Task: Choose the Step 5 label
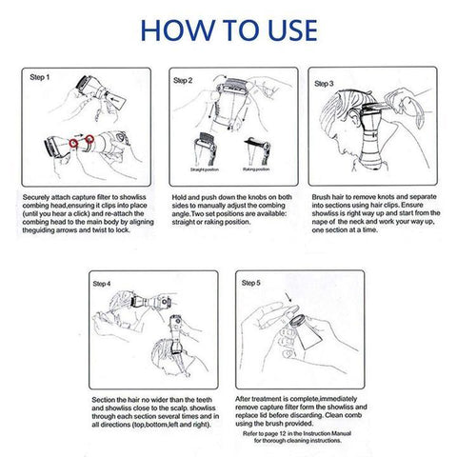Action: click(251, 283)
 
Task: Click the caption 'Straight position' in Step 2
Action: click(203, 169)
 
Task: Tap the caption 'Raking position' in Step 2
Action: click(257, 169)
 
